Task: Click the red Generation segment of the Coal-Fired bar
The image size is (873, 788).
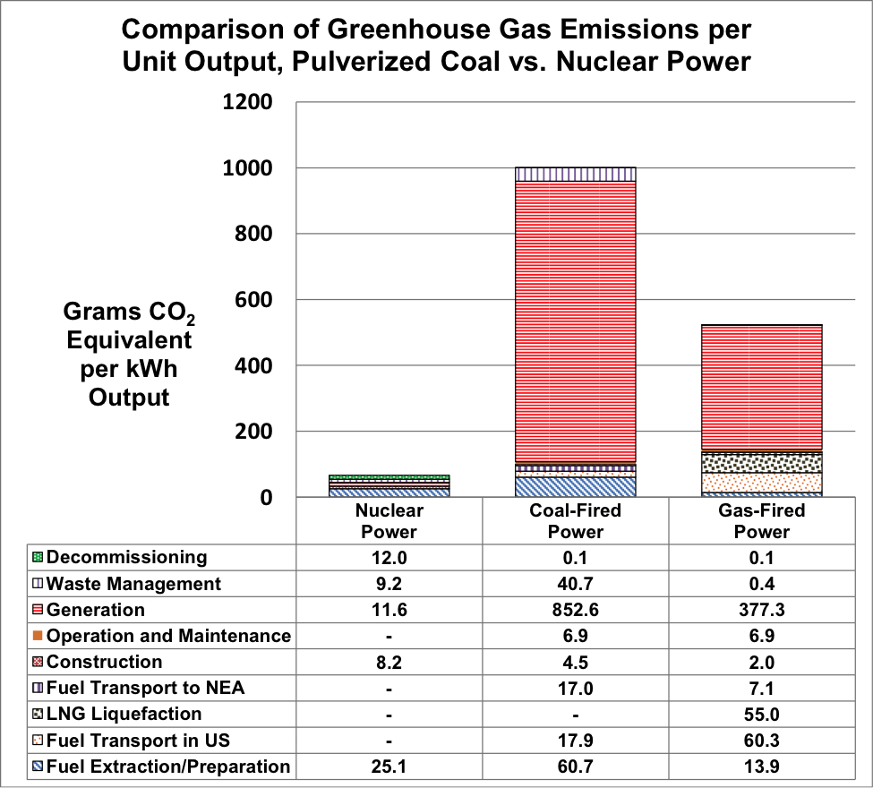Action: (576, 322)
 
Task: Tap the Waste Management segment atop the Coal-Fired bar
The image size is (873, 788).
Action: (576, 174)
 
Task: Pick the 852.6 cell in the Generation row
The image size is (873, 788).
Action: (576, 610)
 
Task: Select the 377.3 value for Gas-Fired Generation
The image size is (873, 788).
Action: (762, 610)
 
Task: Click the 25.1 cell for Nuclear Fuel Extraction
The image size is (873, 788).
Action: (389, 767)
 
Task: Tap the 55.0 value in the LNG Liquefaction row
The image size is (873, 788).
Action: (762, 714)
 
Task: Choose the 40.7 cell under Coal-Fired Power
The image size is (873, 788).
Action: (576, 584)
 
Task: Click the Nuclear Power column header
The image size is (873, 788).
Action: (389, 521)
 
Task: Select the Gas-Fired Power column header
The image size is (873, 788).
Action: (762, 521)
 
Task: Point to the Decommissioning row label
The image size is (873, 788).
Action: (126, 557)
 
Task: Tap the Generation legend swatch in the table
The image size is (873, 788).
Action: (37, 611)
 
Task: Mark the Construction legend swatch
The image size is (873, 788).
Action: (37, 663)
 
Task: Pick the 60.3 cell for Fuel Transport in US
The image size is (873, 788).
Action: (762, 740)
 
